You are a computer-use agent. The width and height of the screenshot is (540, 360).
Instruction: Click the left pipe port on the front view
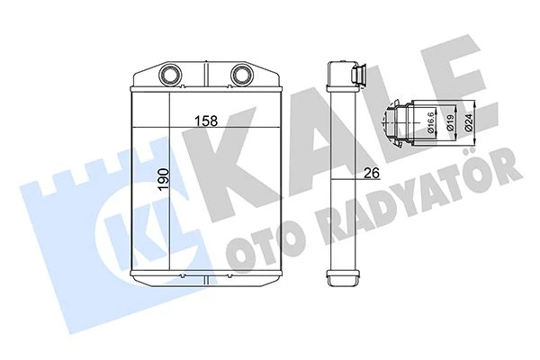pyautogui.click(x=170, y=74)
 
